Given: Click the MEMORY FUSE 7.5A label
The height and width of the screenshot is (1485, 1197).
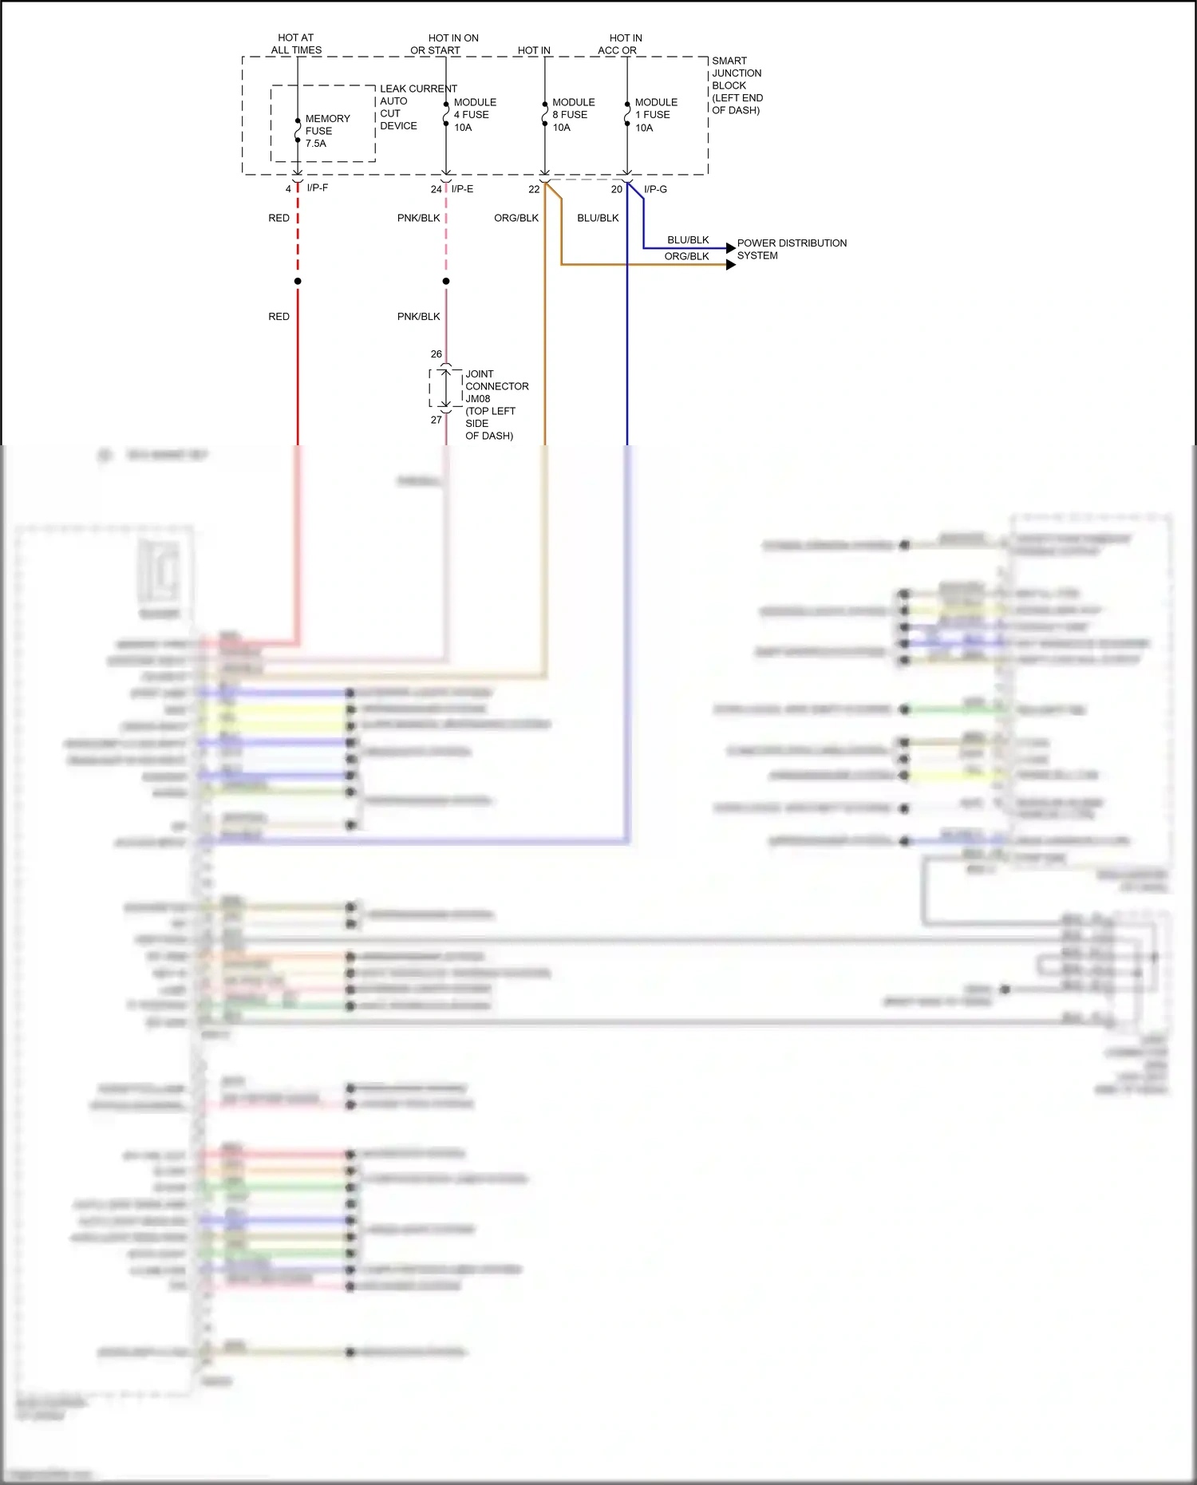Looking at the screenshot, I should [326, 131].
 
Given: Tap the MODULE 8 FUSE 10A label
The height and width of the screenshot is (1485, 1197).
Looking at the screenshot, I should [573, 115].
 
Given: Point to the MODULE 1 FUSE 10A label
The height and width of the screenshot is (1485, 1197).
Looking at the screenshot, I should [655, 115].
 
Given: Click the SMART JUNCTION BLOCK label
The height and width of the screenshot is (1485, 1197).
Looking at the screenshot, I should [737, 85].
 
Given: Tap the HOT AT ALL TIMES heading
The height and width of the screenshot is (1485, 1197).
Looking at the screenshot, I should [296, 44].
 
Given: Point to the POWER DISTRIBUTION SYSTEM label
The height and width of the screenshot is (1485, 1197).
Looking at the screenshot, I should [791, 249].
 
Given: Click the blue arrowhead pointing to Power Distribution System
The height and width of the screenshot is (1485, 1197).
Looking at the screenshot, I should [731, 248].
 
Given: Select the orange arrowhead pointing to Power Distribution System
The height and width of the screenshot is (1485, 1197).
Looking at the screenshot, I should [731, 264].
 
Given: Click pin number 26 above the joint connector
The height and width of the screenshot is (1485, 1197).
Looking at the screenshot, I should [436, 353].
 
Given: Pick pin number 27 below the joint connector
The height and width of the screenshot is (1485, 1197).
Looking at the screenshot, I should [436, 420].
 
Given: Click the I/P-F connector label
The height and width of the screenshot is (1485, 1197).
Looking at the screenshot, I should [317, 188].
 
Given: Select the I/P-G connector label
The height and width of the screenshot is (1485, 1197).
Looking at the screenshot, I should [655, 189].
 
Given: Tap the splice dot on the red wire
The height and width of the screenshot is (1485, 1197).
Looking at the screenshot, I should [298, 281].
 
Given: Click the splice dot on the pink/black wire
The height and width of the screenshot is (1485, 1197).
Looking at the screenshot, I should [446, 281].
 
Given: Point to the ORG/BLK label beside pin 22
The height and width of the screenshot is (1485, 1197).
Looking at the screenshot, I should [516, 218].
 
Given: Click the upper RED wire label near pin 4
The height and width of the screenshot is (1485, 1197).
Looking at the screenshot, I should [279, 218].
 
